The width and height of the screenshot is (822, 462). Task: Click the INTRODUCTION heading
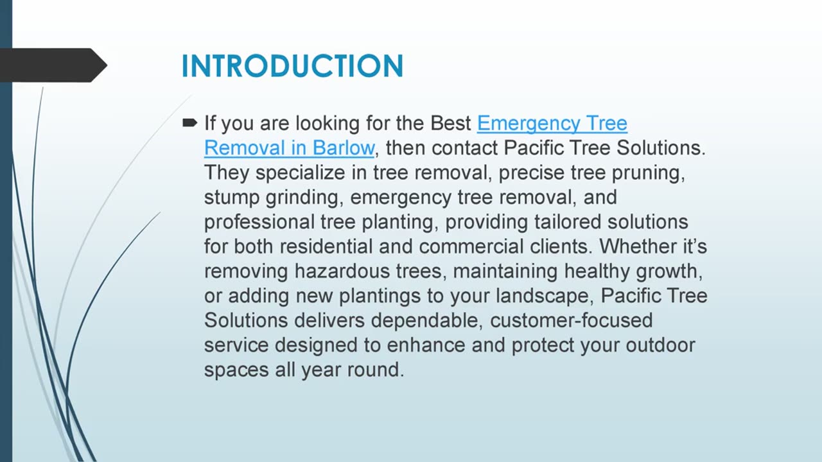tap(292, 66)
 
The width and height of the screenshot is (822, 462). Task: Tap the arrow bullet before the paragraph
tap(189, 122)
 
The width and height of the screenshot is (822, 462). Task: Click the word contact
tap(465, 148)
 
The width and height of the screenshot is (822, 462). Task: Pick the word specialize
tap(308, 173)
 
